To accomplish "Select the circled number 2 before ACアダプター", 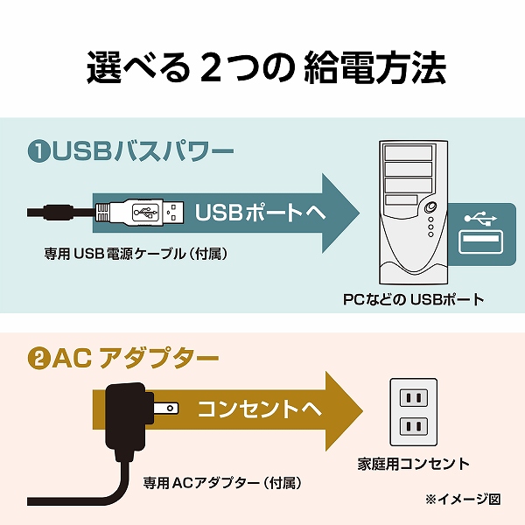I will point(38,359).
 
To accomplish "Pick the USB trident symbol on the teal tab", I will point(480,216).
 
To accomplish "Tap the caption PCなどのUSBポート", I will point(413,299).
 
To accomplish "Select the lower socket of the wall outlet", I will point(411,428).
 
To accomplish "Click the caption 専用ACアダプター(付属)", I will point(222,482).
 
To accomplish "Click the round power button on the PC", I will point(430,208).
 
